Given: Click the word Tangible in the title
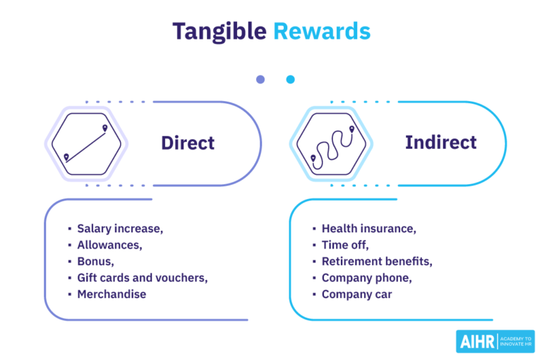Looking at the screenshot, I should pyautogui.click(x=219, y=31).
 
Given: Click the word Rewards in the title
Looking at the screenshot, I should pyautogui.click(x=321, y=31).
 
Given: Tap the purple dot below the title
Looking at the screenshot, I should pyautogui.click(x=260, y=80).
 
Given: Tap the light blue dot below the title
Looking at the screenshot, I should pyautogui.click(x=290, y=80).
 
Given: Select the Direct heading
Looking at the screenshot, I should pyautogui.click(x=188, y=143).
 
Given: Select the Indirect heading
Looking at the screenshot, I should pyautogui.click(x=440, y=142).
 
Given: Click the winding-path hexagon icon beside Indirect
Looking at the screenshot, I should pyautogui.click(x=331, y=143).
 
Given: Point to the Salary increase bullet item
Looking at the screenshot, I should pyautogui.click(x=120, y=229).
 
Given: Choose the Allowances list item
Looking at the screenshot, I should pyautogui.click(x=109, y=245).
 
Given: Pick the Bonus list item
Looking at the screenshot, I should pyautogui.click(x=95, y=261).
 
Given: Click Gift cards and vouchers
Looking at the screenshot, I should pyautogui.click(x=142, y=277).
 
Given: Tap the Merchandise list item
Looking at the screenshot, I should pyautogui.click(x=112, y=294).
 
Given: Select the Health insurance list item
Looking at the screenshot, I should pyautogui.click(x=368, y=229).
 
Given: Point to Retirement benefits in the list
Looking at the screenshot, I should pyautogui.click(x=377, y=261).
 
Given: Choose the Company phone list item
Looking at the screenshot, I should pyautogui.click(x=366, y=277).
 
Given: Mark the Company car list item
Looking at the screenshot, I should pyautogui.click(x=356, y=294).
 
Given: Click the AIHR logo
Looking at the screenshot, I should pyautogui.click(x=495, y=341).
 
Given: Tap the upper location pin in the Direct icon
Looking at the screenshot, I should pyautogui.click(x=105, y=128).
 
